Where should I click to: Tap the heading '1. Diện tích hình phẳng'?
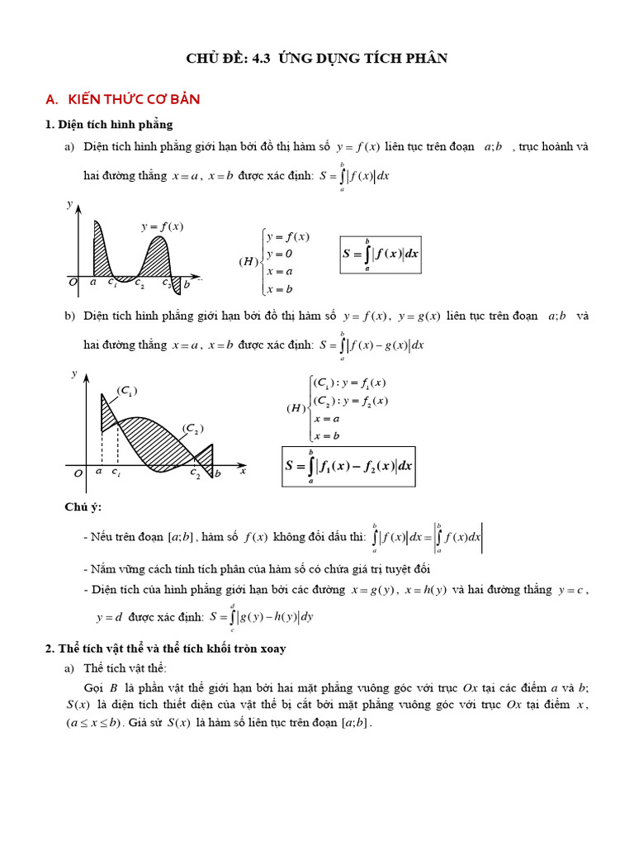click(x=109, y=125)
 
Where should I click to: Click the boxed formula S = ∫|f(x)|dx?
click(x=381, y=254)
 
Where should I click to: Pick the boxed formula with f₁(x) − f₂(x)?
click(x=348, y=466)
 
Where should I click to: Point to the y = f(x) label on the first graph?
click(x=162, y=226)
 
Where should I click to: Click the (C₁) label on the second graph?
click(x=126, y=390)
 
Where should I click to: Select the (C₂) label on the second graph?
click(x=192, y=428)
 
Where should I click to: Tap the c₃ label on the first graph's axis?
click(x=166, y=285)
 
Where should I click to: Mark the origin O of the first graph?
click(x=73, y=283)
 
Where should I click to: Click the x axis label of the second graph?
click(x=243, y=471)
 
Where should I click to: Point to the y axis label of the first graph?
click(x=70, y=203)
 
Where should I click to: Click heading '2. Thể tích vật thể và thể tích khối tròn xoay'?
click(x=165, y=649)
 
